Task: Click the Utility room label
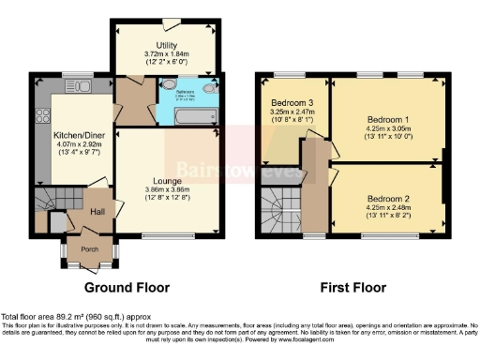pos(167,45)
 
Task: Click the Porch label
pos(90,249)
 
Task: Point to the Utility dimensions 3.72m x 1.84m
pos(167,54)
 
